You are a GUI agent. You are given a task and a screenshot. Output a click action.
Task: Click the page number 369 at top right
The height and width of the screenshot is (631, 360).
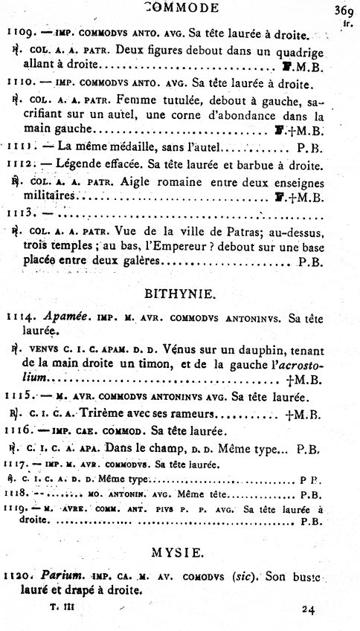[x=343, y=10]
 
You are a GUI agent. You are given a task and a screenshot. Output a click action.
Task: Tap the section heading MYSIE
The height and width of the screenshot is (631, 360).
[x=181, y=552]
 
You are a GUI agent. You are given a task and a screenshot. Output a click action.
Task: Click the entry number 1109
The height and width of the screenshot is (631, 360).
[x=16, y=33]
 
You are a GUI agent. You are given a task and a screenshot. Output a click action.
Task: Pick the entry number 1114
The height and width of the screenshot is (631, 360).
[x=17, y=317]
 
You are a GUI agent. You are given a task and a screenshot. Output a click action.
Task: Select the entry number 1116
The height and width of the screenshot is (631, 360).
[x=16, y=430]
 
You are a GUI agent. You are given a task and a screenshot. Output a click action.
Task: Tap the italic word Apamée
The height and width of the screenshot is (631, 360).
[x=54, y=317]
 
